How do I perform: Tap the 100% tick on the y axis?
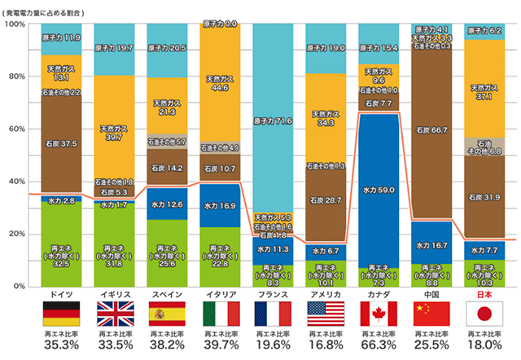point(16,24)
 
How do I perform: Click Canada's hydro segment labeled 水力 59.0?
point(379,190)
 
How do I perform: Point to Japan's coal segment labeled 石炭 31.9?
point(484,197)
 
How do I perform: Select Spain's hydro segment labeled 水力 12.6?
point(168,204)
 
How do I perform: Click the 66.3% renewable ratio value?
point(379,345)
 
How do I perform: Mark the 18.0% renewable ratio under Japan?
point(484,345)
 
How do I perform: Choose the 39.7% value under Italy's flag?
point(220,345)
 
